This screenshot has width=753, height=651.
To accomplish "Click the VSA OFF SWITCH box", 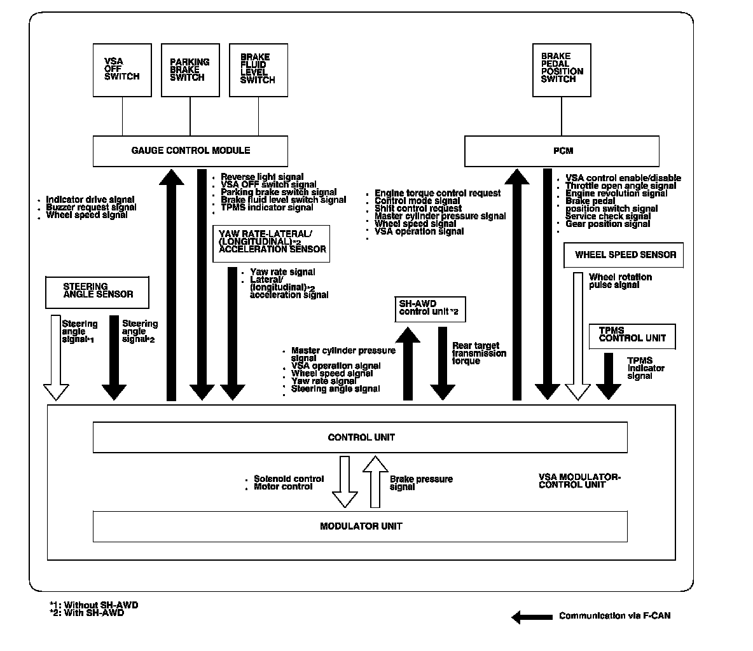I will (122, 70).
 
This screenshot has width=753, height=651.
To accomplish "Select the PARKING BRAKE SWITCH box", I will (190, 70).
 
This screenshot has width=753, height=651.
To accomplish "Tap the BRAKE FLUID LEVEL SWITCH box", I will (258, 70).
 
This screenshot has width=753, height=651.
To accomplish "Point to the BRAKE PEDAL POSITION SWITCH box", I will (562, 70).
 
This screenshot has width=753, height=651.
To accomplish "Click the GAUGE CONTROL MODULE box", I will (190, 151).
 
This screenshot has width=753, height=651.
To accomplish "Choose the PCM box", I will (562, 151).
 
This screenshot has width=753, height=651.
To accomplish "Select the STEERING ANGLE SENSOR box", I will (97, 292).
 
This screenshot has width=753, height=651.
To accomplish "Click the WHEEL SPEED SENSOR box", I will (624, 255).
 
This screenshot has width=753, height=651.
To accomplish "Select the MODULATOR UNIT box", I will (360, 526).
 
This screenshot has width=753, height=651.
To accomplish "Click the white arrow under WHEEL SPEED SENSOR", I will (578, 336).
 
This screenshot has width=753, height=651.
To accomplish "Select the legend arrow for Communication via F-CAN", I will (532, 616).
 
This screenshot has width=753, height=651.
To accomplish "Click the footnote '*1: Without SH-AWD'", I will (93, 605).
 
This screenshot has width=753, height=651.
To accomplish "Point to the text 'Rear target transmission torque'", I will (478, 353).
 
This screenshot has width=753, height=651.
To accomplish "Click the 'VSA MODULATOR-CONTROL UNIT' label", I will (579, 481).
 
